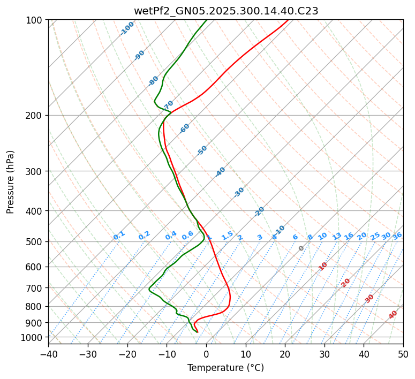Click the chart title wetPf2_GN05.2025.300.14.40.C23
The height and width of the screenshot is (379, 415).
(x=225, y=11)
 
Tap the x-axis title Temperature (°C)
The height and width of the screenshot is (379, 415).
(x=225, y=368)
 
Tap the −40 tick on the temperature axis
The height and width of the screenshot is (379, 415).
(x=48, y=354)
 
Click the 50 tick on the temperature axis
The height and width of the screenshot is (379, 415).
(x=403, y=354)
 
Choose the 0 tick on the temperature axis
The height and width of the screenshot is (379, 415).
(x=206, y=354)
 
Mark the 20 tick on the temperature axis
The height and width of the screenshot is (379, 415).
(x=285, y=354)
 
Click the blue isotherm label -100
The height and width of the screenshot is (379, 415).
(x=127, y=28)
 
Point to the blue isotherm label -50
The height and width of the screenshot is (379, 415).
(x=202, y=150)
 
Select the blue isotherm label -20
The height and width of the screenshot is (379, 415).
(x=259, y=211)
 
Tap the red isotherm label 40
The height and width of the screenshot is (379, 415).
(x=393, y=315)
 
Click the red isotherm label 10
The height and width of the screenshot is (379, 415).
(x=323, y=266)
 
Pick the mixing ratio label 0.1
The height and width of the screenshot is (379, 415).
(x=119, y=236)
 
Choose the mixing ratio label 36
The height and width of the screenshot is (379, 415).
(x=397, y=236)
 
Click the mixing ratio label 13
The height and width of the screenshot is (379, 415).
(x=337, y=236)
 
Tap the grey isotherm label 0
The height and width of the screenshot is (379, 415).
(x=301, y=248)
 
